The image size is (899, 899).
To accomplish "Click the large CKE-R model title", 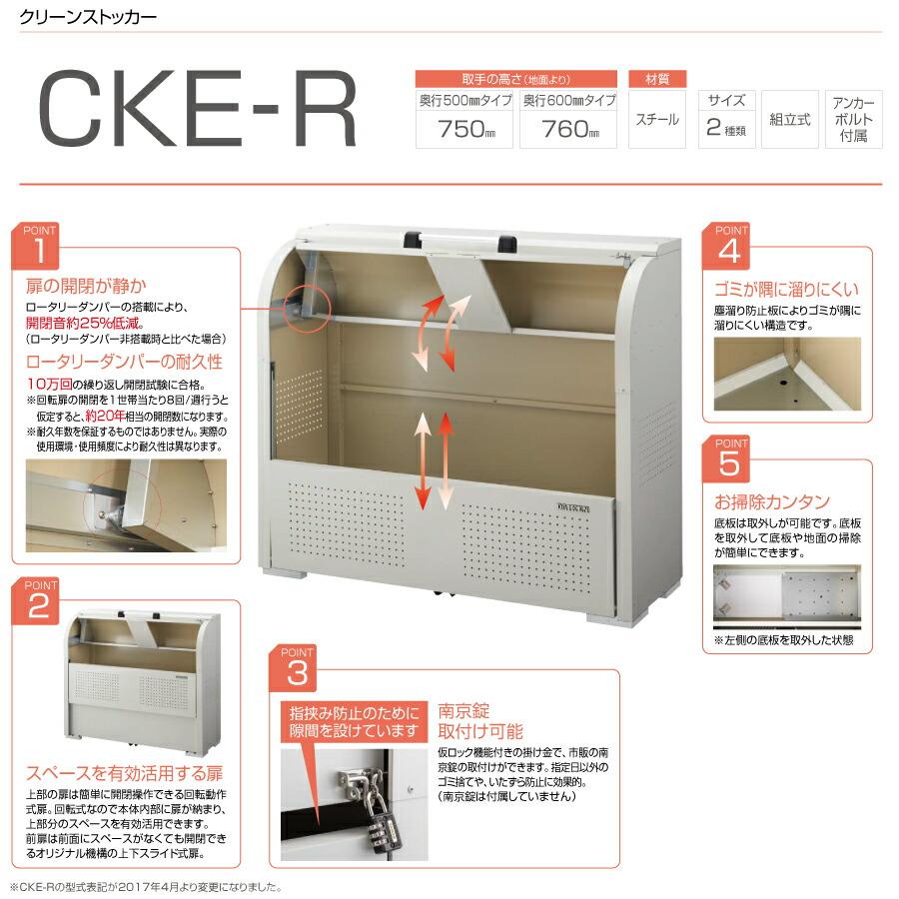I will tap(197, 112).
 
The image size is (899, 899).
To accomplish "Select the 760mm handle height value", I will tap(567, 130).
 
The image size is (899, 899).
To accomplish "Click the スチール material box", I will tap(657, 120).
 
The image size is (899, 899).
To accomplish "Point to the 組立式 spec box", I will tap(789, 120).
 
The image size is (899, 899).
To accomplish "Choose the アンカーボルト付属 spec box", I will tap(853, 120).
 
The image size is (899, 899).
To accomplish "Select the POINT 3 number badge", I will tap(297, 670).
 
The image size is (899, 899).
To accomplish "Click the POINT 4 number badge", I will tap(730, 248).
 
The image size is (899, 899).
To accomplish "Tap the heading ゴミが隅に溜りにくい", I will tap(786, 290).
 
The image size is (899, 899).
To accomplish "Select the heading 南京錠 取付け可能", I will tap(479, 721).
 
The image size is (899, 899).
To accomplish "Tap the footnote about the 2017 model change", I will tap(147, 886).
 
